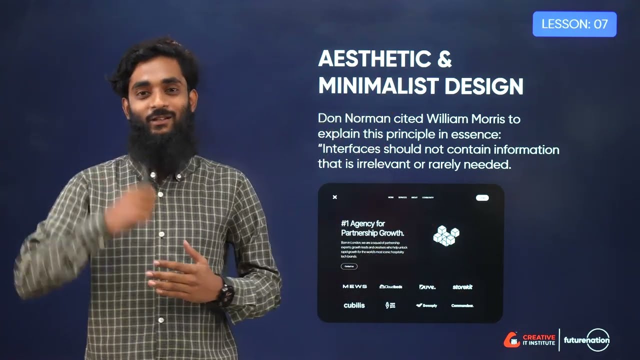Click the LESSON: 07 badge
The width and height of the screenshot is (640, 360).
574,24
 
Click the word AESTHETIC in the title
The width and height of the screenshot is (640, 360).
374,59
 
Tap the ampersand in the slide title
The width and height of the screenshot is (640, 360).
444,59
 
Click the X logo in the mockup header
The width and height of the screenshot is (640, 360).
335,197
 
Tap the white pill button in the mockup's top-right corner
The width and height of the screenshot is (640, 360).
482,197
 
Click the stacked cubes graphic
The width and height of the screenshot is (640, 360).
446,235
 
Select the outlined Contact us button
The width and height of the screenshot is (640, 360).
349,266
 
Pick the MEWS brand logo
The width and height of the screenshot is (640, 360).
354,286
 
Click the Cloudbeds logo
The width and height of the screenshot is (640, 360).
390,286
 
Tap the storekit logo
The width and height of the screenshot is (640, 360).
462,287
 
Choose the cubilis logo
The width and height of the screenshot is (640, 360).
354,305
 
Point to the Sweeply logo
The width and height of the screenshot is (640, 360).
426,305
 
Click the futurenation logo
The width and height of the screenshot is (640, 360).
587,340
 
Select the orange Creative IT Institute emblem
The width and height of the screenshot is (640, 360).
511,340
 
